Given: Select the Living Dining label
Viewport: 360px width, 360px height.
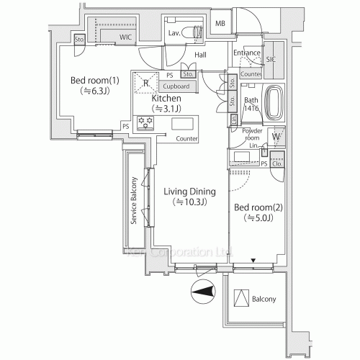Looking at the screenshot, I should pos(185,192).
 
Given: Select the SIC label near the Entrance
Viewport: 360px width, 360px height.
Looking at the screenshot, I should pos(270,61).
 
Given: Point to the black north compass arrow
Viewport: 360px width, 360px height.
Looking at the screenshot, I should pos(204,292).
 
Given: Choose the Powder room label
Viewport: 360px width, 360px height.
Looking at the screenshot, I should pos(243,134).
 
